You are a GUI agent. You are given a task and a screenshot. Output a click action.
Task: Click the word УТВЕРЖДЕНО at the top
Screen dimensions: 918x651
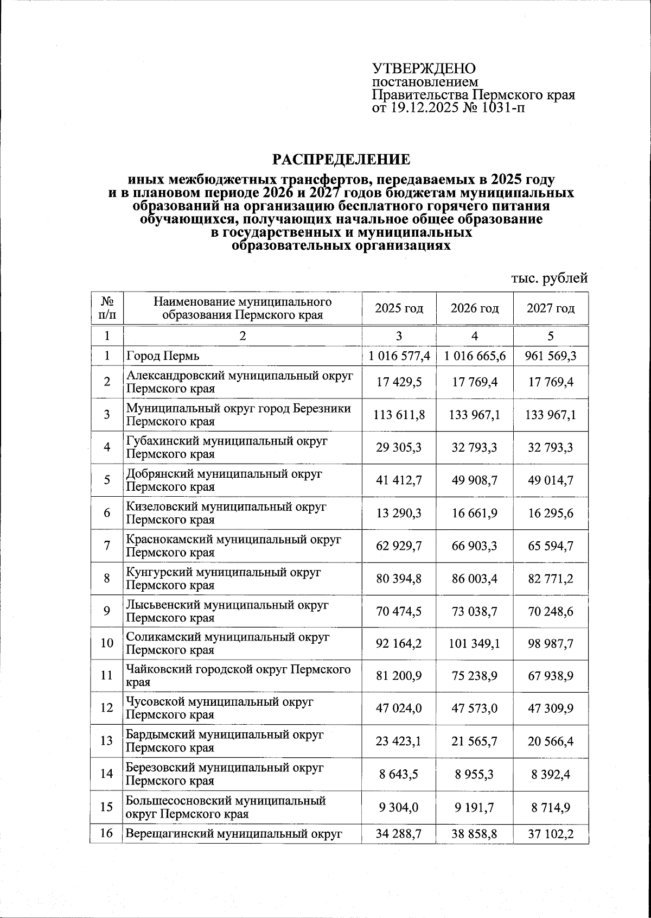(424, 69)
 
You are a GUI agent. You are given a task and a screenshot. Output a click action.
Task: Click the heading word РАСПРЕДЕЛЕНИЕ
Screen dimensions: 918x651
(341, 160)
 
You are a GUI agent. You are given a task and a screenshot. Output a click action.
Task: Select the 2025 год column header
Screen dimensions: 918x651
(399, 308)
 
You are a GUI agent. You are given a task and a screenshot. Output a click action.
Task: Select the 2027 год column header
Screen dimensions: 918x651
(551, 308)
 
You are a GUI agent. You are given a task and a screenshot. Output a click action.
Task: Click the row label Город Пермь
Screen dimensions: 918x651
(163, 356)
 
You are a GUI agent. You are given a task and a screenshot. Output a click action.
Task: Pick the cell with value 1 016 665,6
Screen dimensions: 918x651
(475, 356)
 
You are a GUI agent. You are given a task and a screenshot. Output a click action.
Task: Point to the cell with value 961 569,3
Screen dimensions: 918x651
(551, 356)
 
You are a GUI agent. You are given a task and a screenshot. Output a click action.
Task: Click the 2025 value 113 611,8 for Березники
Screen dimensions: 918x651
(399, 415)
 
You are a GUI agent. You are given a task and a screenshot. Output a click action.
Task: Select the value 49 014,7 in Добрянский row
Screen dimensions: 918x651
(551, 480)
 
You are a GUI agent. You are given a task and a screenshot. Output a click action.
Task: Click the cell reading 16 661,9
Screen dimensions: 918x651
(475, 513)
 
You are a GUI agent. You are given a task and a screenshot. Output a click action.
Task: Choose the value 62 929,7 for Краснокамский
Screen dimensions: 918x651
(399, 546)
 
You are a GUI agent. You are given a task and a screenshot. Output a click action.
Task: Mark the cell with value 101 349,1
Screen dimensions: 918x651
(475, 644)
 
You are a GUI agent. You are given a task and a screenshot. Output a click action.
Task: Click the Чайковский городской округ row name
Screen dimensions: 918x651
(238, 669)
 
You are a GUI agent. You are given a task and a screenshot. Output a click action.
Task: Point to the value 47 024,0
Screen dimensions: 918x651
(399, 708)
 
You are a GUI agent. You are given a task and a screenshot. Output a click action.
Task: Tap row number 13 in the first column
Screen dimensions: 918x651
(107, 741)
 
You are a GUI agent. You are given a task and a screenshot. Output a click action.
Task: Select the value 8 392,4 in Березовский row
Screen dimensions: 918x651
(551, 774)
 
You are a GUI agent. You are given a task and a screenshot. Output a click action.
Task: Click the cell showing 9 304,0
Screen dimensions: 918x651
(399, 807)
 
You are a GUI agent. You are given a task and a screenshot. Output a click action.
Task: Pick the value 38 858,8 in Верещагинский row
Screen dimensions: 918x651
(475, 833)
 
